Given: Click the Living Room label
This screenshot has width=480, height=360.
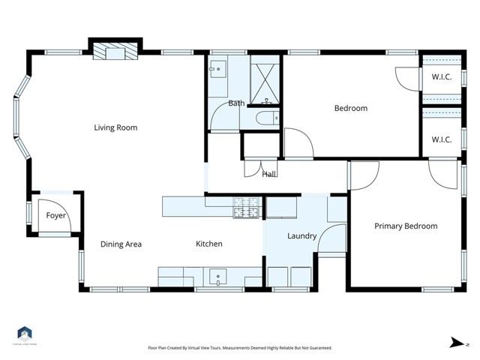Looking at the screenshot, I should coord(115,127).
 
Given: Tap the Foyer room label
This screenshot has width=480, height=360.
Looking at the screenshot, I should coord(56,216).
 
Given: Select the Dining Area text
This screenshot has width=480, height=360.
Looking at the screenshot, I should coord(121,244).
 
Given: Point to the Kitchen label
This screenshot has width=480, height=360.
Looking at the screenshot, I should coord(209,244).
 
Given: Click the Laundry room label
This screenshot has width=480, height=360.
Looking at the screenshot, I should coord(302,236).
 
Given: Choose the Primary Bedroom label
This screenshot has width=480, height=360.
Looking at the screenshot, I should coord(406,226).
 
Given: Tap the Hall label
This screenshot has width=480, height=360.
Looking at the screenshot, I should coord(269,175).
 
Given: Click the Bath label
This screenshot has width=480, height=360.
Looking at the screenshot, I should coord(237,103).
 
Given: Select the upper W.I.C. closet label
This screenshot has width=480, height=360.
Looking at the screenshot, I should coord(441,76).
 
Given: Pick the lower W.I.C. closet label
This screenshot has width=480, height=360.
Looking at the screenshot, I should coord(441,139).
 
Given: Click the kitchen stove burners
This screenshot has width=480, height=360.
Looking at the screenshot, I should coord(246,208).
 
